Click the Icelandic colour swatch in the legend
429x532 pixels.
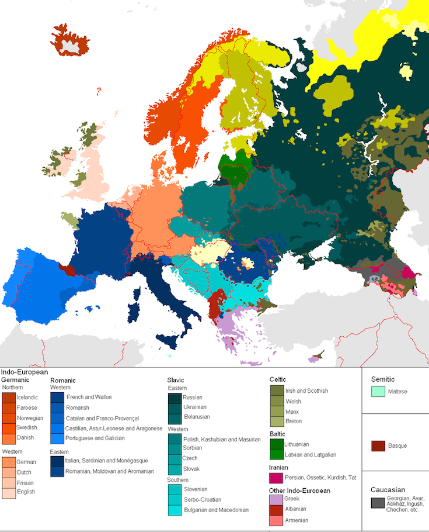[x=9, y=398]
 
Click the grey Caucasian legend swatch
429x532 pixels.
[x=378, y=502]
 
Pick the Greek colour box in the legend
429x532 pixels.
[x=276, y=499]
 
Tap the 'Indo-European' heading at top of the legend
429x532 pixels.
[x=25, y=372]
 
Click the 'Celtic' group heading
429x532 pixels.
[x=278, y=379]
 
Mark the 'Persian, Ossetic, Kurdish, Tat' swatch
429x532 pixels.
[x=276, y=478]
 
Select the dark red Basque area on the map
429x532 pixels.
[x=68, y=270]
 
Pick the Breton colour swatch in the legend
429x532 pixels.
[x=276, y=422]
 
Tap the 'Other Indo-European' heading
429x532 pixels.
[x=299, y=490]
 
